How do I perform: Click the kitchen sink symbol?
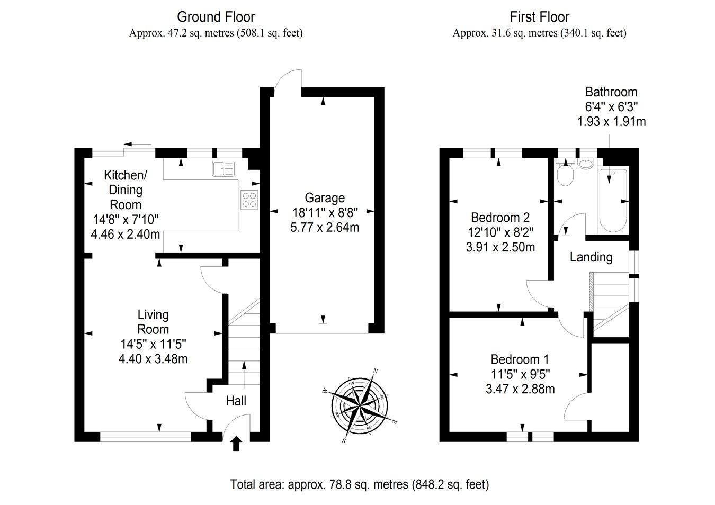click(223, 169)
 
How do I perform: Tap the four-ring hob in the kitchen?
click(249, 199)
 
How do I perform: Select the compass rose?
click(360, 405)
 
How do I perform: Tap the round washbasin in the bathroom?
click(586, 164)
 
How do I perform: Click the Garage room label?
click(325, 198)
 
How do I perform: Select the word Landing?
click(591, 257)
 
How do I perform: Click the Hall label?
click(236, 401)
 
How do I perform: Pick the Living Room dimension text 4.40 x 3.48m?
click(153, 359)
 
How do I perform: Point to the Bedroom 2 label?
click(500, 217)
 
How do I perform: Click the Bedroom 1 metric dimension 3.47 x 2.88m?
click(520, 389)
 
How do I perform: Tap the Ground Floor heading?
click(216, 17)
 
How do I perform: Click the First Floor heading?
click(539, 17)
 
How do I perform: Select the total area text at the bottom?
click(359, 484)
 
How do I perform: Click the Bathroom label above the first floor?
click(611, 92)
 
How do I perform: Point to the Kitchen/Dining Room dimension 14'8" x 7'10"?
click(126, 219)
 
